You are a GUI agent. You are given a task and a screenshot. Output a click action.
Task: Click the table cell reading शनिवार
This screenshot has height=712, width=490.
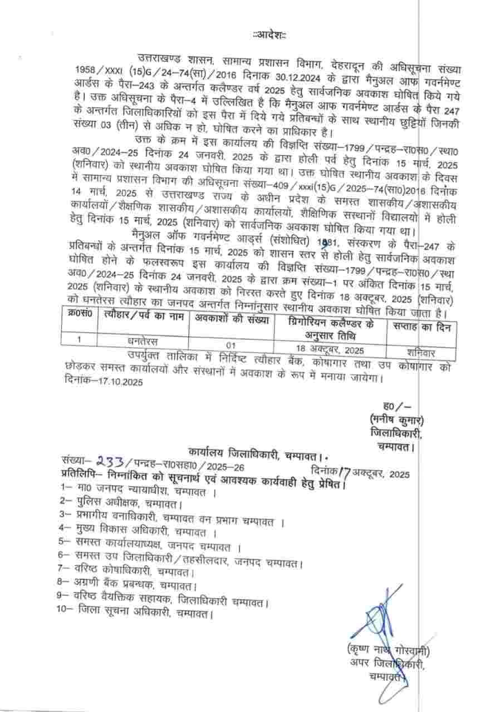point(422,350)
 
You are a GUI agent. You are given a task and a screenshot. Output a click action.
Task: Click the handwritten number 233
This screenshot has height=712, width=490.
point(112,461)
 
